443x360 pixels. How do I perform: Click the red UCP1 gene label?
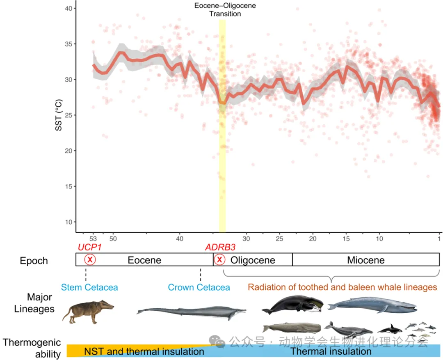pyautogui.click(x=89, y=248)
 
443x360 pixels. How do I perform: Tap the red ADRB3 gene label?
pyautogui.click(x=220, y=248)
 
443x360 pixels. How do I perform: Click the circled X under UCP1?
pyautogui.click(x=90, y=260)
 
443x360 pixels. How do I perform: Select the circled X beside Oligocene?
pyautogui.click(x=220, y=260)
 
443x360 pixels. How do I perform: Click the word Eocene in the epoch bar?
pyautogui.click(x=144, y=260)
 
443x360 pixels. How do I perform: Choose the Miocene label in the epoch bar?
pyautogui.click(x=366, y=260)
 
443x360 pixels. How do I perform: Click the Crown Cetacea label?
pyautogui.click(x=199, y=287)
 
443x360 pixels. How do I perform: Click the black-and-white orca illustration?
pyautogui.click(x=389, y=328)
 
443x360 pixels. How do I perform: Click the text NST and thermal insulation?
pyautogui.click(x=144, y=352)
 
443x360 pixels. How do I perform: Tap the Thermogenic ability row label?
pyautogui.click(x=32, y=348)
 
